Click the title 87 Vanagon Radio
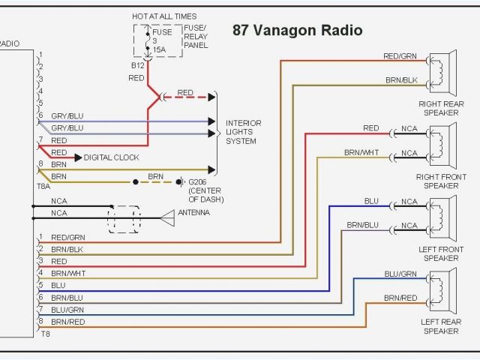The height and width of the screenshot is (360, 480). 297,31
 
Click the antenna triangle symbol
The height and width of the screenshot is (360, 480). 166,217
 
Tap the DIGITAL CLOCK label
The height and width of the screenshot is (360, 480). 111,157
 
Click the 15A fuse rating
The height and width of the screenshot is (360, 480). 159,50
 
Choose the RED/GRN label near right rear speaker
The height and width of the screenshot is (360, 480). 400,56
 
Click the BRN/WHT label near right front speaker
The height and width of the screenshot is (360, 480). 361,152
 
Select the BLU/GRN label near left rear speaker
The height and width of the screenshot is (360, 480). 400,274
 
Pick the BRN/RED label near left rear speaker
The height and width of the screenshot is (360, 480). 400,298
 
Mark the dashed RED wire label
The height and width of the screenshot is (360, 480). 185,93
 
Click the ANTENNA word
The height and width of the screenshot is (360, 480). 193,213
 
